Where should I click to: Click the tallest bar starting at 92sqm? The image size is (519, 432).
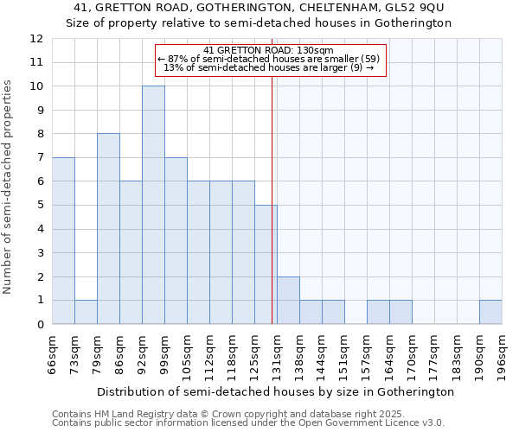(153, 206)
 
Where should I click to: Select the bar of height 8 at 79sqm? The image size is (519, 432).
(108, 229)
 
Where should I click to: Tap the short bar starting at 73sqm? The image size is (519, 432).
(86, 312)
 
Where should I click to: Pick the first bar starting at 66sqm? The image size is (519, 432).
(63, 241)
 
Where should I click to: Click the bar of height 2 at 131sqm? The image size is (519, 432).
(288, 301)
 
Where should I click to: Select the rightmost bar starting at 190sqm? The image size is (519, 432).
(490, 312)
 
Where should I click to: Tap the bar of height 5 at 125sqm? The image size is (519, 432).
(266, 264)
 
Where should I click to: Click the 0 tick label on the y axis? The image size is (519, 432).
(40, 325)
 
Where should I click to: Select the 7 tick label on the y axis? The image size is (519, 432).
(40, 158)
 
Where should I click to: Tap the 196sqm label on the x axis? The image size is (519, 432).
(503, 354)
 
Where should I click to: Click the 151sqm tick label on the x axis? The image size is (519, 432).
(345, 354)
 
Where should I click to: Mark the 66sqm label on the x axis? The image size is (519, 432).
(53, 354)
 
